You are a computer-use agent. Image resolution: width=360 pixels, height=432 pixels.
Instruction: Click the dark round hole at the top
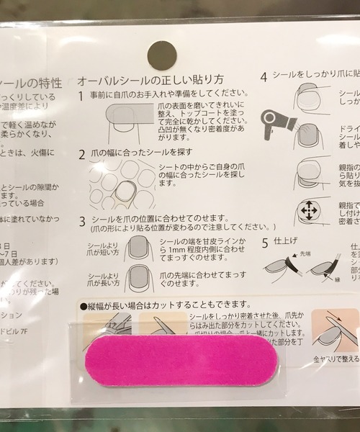click(161, 55)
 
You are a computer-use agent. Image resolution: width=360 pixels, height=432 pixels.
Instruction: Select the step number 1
click(81, 95)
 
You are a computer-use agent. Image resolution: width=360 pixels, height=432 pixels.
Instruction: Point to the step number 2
click(81, 154)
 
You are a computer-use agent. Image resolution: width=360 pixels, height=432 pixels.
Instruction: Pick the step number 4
click(264, 76)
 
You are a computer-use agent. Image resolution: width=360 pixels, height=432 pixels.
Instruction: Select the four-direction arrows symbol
click(309, 211)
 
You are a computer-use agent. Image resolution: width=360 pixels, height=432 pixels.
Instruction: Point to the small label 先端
click(305, 253)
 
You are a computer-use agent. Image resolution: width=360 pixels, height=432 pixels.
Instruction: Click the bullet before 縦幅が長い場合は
click(84, 305)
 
